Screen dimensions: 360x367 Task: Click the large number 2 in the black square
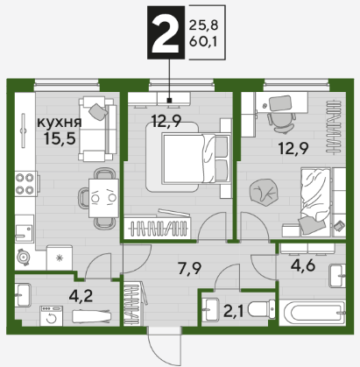166,32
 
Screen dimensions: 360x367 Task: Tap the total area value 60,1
203,42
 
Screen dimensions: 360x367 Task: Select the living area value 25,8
203,25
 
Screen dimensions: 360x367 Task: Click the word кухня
60,123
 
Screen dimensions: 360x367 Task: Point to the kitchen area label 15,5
60,138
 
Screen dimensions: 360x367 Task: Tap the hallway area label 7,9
190,268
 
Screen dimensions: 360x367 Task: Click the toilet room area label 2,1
233,310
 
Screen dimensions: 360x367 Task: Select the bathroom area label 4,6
303,265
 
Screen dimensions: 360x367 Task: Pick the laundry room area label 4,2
81,296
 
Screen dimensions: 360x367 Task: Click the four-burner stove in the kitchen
25,183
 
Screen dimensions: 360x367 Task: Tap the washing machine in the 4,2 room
51,316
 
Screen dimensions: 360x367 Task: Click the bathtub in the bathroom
312,313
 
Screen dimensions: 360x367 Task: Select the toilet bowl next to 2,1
261,309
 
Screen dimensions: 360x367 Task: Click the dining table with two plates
103,198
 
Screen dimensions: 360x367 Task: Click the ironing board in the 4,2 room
92,316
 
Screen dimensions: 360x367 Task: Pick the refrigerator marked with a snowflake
60,258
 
